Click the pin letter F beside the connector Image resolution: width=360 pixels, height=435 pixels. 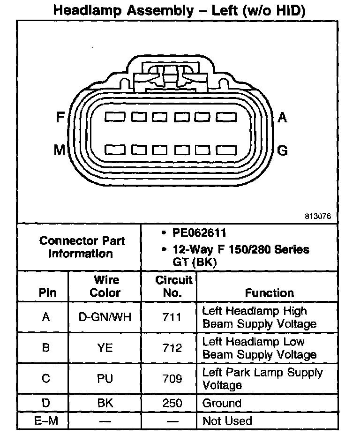60,117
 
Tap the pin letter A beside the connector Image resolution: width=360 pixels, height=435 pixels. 282,117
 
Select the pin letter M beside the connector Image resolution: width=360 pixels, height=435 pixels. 59,150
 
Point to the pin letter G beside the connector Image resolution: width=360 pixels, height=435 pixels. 283,150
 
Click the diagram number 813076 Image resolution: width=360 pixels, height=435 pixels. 318,217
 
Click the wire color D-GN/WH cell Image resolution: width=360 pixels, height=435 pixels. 105,317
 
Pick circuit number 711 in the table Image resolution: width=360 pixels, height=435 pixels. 172,317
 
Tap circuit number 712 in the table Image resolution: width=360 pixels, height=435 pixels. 172,348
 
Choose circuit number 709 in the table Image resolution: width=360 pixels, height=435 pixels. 172,378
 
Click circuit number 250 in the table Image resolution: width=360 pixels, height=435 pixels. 172,403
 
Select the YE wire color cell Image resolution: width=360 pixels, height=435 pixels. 105,348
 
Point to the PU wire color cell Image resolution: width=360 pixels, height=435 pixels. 105,378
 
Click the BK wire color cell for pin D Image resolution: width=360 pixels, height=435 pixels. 105,403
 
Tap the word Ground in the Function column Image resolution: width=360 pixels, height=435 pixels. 222,403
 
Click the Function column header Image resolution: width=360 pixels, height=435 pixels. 269,293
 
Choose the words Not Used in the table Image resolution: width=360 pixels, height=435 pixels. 227,421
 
